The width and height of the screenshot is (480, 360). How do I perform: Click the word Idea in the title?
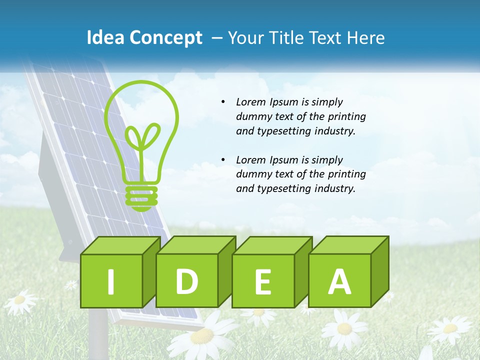106,38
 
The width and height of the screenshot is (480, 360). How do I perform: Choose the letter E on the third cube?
262,282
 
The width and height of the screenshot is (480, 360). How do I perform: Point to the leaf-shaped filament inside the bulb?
142,137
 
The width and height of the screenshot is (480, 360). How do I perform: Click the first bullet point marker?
223,102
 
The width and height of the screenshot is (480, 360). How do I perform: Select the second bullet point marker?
223,160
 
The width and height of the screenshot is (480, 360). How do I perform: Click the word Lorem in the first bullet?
251,102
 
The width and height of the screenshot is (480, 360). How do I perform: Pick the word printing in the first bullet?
346,117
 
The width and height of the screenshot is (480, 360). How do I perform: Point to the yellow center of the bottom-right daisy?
450,328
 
